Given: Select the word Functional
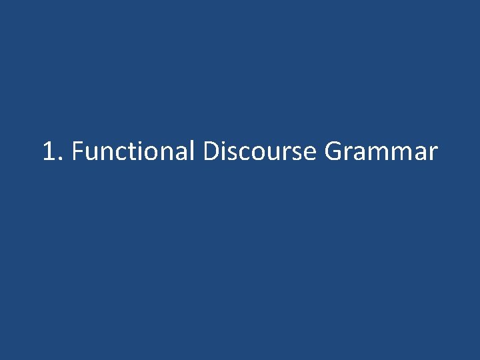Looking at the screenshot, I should tap(132, 151).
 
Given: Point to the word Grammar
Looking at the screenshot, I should tap(381, 151).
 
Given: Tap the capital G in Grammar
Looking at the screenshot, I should tap(334, 151).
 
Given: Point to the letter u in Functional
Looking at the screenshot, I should tap(93, 155).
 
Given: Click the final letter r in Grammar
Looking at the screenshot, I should tap(433, 155).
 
